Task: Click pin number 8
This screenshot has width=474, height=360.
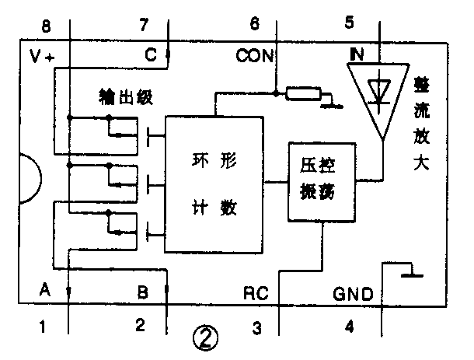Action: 46,26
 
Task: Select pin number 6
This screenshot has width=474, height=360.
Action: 254,23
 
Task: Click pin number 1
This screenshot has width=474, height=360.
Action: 44,327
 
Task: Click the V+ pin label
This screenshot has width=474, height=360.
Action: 42,56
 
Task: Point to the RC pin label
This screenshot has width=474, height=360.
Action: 256,294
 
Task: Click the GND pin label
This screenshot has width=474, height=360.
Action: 354,294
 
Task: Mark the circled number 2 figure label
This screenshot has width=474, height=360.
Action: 206,337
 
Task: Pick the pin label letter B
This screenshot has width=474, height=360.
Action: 142,293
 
